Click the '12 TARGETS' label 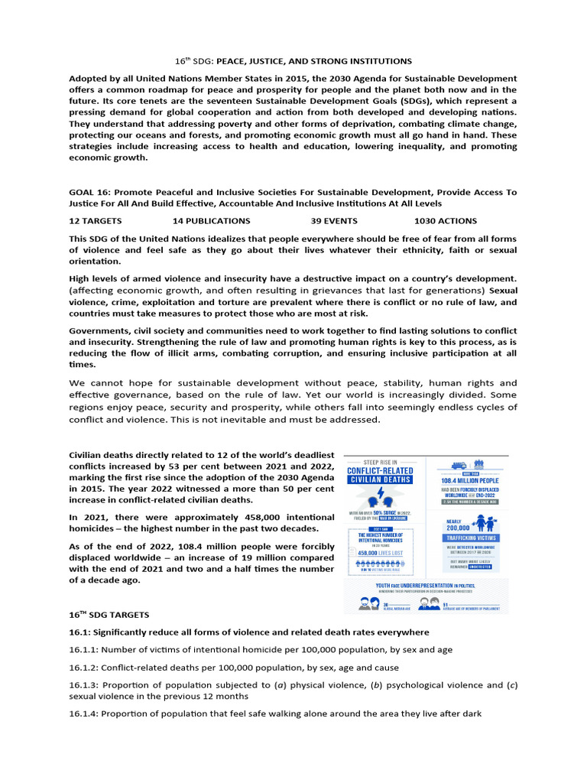[99, 220]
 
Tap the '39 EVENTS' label [335, 220]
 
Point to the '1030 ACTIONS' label [446, 220]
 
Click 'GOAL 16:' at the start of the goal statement [90, 193]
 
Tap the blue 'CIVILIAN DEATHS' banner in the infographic [380, 479]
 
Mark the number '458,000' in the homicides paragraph [275, 517]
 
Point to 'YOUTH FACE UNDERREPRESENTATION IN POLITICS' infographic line [424, 585]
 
